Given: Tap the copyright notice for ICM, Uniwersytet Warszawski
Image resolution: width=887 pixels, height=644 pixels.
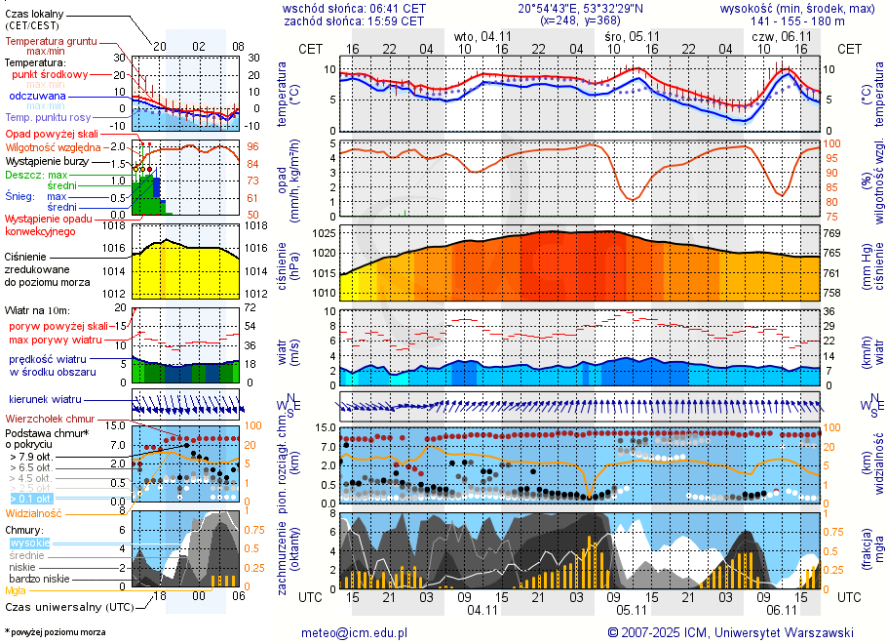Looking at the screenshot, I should (730, 632).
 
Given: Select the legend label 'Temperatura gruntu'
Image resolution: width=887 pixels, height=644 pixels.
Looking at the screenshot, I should (48, 42).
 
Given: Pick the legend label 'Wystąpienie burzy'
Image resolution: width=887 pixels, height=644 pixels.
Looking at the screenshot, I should (48, 160).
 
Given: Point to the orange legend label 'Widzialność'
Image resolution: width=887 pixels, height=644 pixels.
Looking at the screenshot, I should (34, 512).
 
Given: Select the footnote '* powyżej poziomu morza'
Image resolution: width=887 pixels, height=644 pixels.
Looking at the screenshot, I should (55, 632).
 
